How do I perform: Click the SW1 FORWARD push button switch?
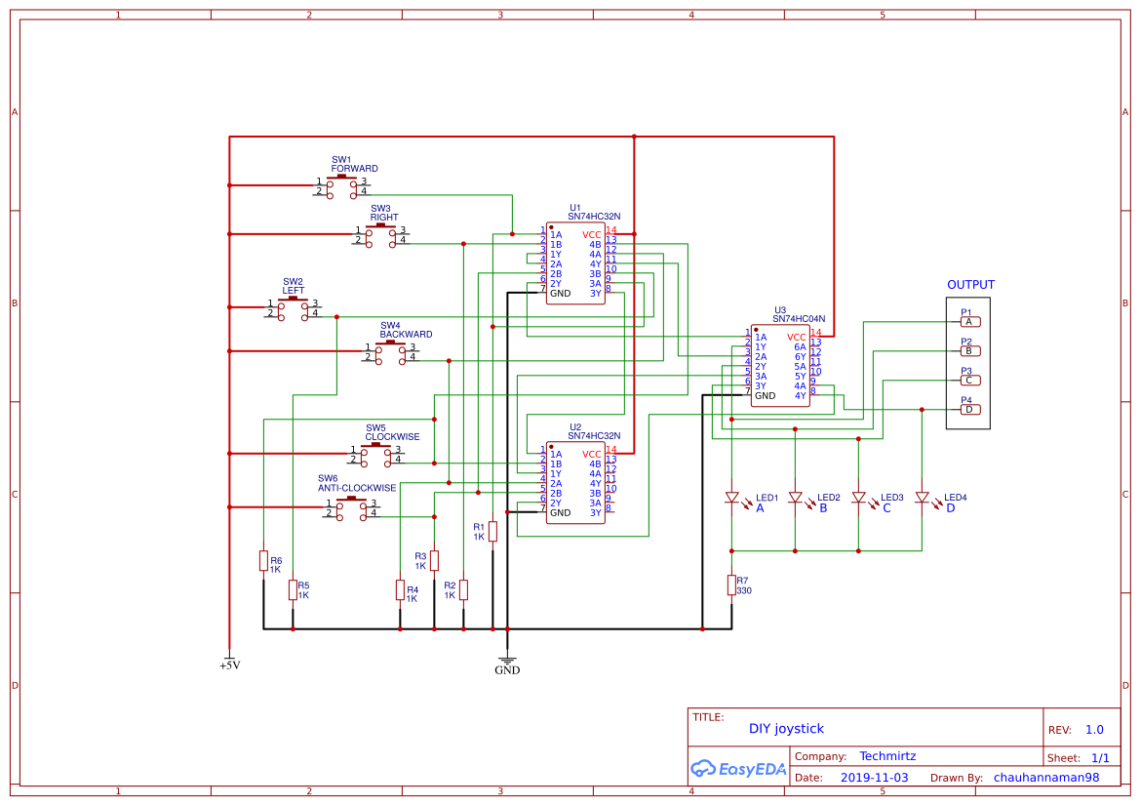341,186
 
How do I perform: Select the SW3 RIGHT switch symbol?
380,235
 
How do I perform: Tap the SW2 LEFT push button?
293,308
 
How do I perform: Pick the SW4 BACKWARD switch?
390,352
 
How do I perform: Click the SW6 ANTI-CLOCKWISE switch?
352,508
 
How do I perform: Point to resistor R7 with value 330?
731,584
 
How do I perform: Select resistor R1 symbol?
492,531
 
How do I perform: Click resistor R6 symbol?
263,560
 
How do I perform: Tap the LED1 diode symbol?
731,498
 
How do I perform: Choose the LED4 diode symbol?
922,498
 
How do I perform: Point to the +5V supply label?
229,665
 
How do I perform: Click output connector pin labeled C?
968,381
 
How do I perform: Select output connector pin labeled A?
968,322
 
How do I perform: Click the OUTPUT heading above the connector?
970,285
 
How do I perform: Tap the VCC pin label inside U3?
797,338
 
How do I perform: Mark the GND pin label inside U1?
561,294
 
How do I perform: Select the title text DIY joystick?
786,729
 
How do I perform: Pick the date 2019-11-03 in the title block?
874,778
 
